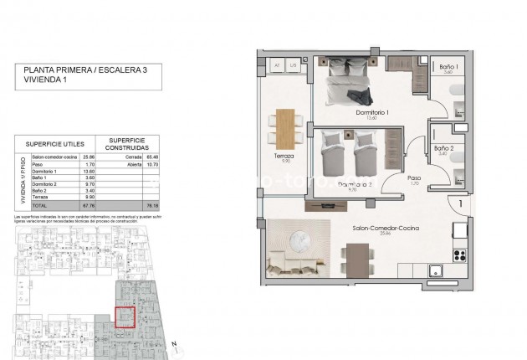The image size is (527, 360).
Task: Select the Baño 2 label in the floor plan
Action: point(445,148)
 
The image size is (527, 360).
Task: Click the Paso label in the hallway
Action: point(413,177)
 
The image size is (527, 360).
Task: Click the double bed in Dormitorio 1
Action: point(351,83)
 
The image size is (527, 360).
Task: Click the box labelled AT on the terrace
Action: point(276,64)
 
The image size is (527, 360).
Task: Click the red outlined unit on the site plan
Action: point(124,318)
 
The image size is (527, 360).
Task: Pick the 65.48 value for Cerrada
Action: point(151,157)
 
